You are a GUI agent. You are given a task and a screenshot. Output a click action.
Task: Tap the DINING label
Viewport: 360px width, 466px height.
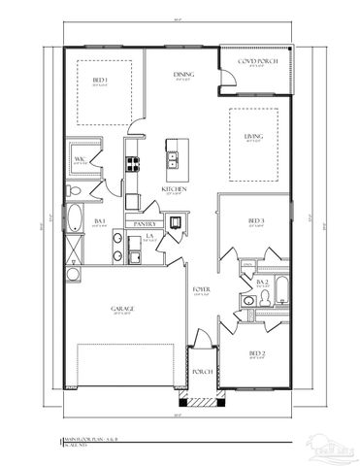pyautogui.click(x=181, y=74)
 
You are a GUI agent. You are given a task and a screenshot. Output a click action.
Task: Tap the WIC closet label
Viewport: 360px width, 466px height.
pyautogui.click(x=82, y=160)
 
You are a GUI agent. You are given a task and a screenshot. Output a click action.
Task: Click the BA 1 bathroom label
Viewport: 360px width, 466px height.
pyautogui.click(x=99, y=222)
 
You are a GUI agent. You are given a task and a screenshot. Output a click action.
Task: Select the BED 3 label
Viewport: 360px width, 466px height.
pyautogui.click(x=256, y=221)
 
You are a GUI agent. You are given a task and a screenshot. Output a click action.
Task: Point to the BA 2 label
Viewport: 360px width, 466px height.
pyautogui.click(x=261, y=282)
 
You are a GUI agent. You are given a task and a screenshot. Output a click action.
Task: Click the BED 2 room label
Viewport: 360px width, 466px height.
pyautogui.click(x=256, y=352)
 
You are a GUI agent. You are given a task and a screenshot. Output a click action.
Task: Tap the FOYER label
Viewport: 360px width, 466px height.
pyautogui.click(x=201, y=288)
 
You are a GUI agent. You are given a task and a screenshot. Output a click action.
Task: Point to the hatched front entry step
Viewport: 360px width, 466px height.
pyautogui.click(x=201, y=401)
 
